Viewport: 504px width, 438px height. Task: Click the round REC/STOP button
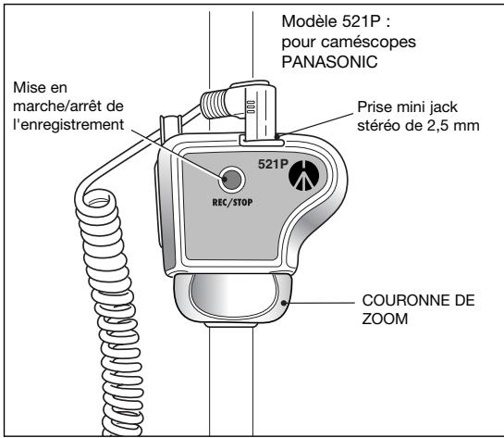point(231,180)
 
